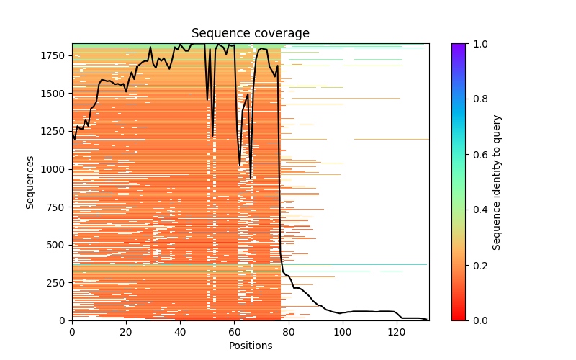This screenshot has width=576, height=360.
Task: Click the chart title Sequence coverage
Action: (x=251, y=34)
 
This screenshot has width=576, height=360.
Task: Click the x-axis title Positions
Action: (x=251, y=346)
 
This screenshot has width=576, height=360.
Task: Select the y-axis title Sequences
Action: (x=30, y=182)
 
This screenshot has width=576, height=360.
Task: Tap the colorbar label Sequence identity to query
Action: (x=497, y=182)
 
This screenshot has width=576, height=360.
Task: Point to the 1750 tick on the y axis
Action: (x=55, y=56)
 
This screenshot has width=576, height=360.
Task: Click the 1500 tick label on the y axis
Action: (x=55, y=94)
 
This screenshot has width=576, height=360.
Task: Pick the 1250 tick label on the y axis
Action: (x=55, y=132)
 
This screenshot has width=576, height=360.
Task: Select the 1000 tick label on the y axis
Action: (x=55, y=169)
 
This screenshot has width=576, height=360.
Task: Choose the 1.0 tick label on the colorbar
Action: (x=477, y=44)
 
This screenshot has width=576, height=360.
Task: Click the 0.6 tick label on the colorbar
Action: (x=477, y=155)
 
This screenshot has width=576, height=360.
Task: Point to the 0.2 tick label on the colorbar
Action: (x=477, y=265)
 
